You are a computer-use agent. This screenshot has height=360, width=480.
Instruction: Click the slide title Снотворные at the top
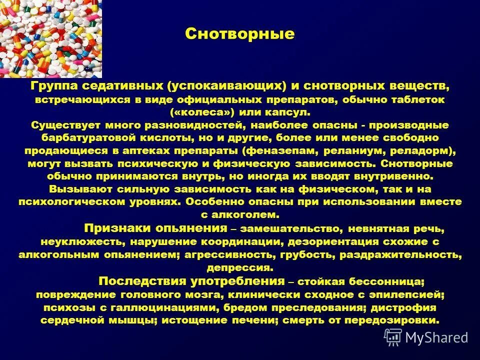239,34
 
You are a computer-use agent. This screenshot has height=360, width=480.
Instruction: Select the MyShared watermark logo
426,337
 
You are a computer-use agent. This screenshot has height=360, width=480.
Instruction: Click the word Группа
52,86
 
